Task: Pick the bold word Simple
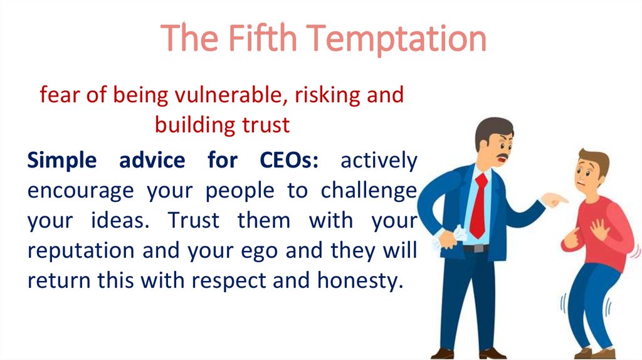pyautogui.click(x=61, y=161)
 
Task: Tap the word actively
pyautogui.click(x=378, y=161)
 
